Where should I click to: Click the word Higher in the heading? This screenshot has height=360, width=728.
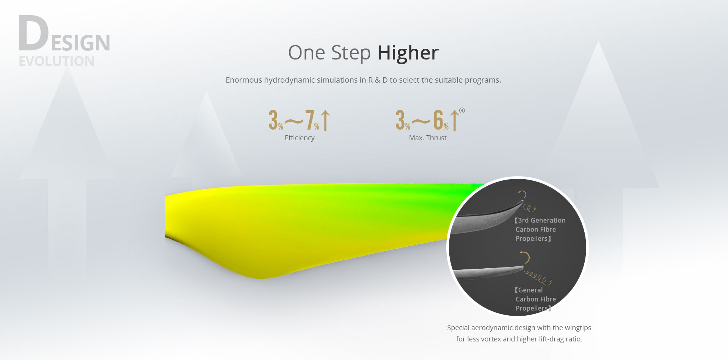408,52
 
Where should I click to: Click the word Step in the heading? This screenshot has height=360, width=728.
351,53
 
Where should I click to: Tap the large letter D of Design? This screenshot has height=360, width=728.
34,33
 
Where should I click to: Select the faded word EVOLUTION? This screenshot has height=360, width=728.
57,61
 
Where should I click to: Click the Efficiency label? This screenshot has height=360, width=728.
300,138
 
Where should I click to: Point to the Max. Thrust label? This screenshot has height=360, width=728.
428,138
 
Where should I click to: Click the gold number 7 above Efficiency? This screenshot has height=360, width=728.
310,120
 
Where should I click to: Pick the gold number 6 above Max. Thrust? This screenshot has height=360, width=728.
438,120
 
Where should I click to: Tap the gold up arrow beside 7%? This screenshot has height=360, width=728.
325,120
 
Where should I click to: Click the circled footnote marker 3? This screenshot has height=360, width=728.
462,111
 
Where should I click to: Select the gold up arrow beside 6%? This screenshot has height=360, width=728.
454,120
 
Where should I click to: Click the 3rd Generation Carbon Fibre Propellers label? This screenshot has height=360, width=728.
540,229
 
